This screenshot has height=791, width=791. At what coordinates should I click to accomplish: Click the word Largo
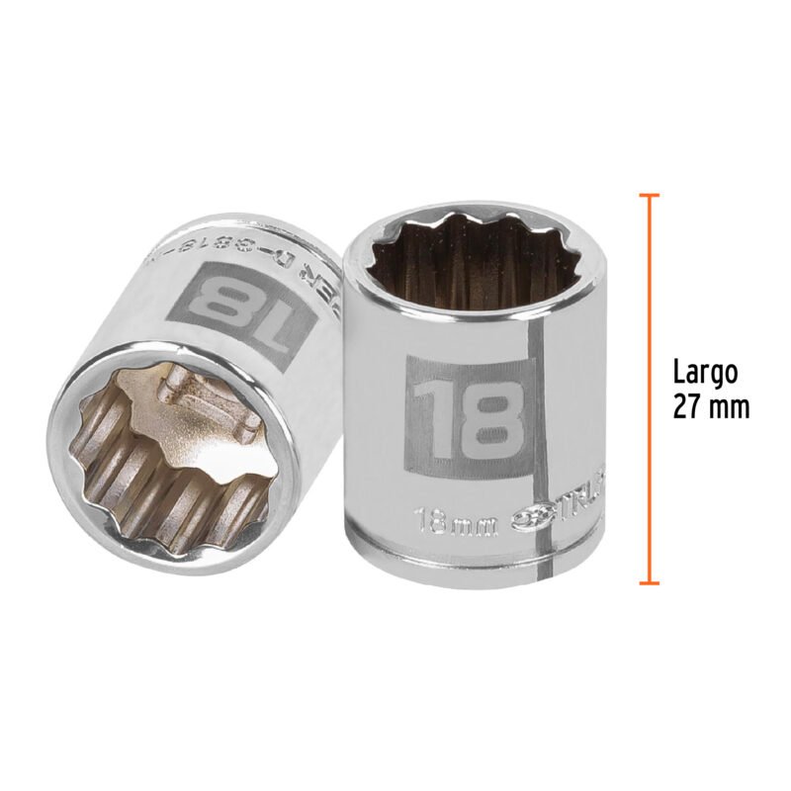pos(705,373)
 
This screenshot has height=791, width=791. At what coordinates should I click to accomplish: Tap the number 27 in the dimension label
pos(688,406)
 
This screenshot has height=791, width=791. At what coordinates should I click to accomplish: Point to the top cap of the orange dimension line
pos(649,195)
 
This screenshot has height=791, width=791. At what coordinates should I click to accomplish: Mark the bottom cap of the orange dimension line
pos(649,582)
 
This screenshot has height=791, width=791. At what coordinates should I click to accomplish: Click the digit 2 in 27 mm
pos(680,406)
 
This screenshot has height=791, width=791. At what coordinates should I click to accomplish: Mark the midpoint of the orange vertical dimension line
pos(649,389)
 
